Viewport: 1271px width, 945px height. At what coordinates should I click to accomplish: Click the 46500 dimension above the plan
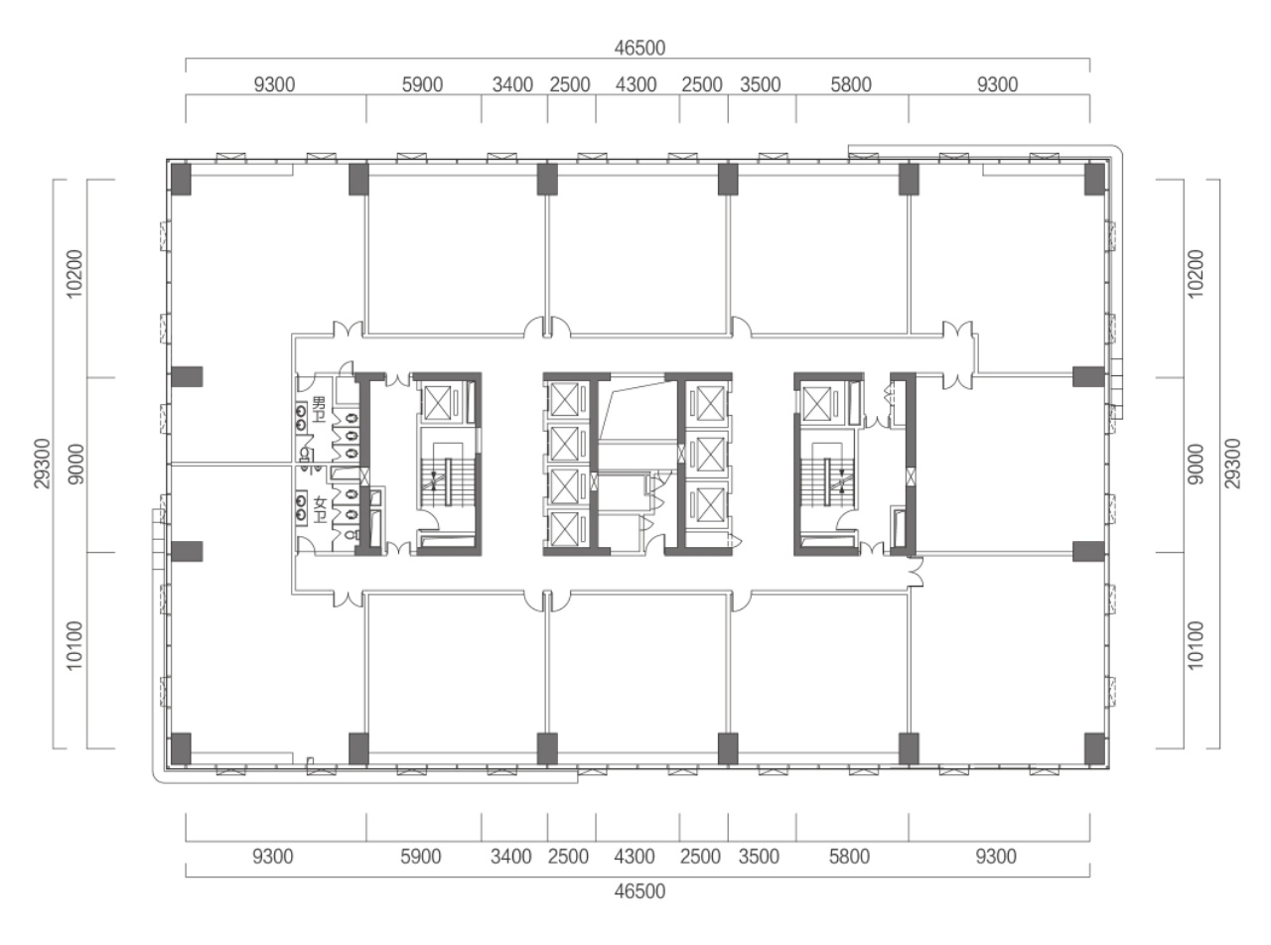point(639,48)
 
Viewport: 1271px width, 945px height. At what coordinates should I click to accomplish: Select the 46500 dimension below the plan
point(639,891)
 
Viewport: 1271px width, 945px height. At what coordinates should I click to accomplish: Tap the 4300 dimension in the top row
point(635,84)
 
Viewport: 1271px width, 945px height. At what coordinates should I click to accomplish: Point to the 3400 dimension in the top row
point(512,84)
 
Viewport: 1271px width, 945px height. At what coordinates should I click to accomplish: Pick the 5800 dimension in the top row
point(850,84)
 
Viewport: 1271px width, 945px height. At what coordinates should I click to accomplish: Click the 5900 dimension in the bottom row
point(421,857)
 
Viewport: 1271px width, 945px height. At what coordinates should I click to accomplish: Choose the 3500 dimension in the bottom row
point(759,857)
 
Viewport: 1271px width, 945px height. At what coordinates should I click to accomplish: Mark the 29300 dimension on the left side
point(43,464)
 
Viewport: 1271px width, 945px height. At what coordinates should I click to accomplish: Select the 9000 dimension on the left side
point(75,464)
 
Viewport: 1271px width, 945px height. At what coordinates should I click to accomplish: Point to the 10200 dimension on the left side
point(75,273)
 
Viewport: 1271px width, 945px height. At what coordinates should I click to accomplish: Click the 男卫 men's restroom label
point(319,409)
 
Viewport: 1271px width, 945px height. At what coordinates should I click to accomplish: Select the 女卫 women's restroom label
point(320,510)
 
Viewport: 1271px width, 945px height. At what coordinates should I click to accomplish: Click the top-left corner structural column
point(181,179)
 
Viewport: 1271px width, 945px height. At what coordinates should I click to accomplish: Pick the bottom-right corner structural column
point(1094,748)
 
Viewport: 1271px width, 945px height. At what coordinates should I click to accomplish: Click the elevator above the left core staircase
point(437,403)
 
